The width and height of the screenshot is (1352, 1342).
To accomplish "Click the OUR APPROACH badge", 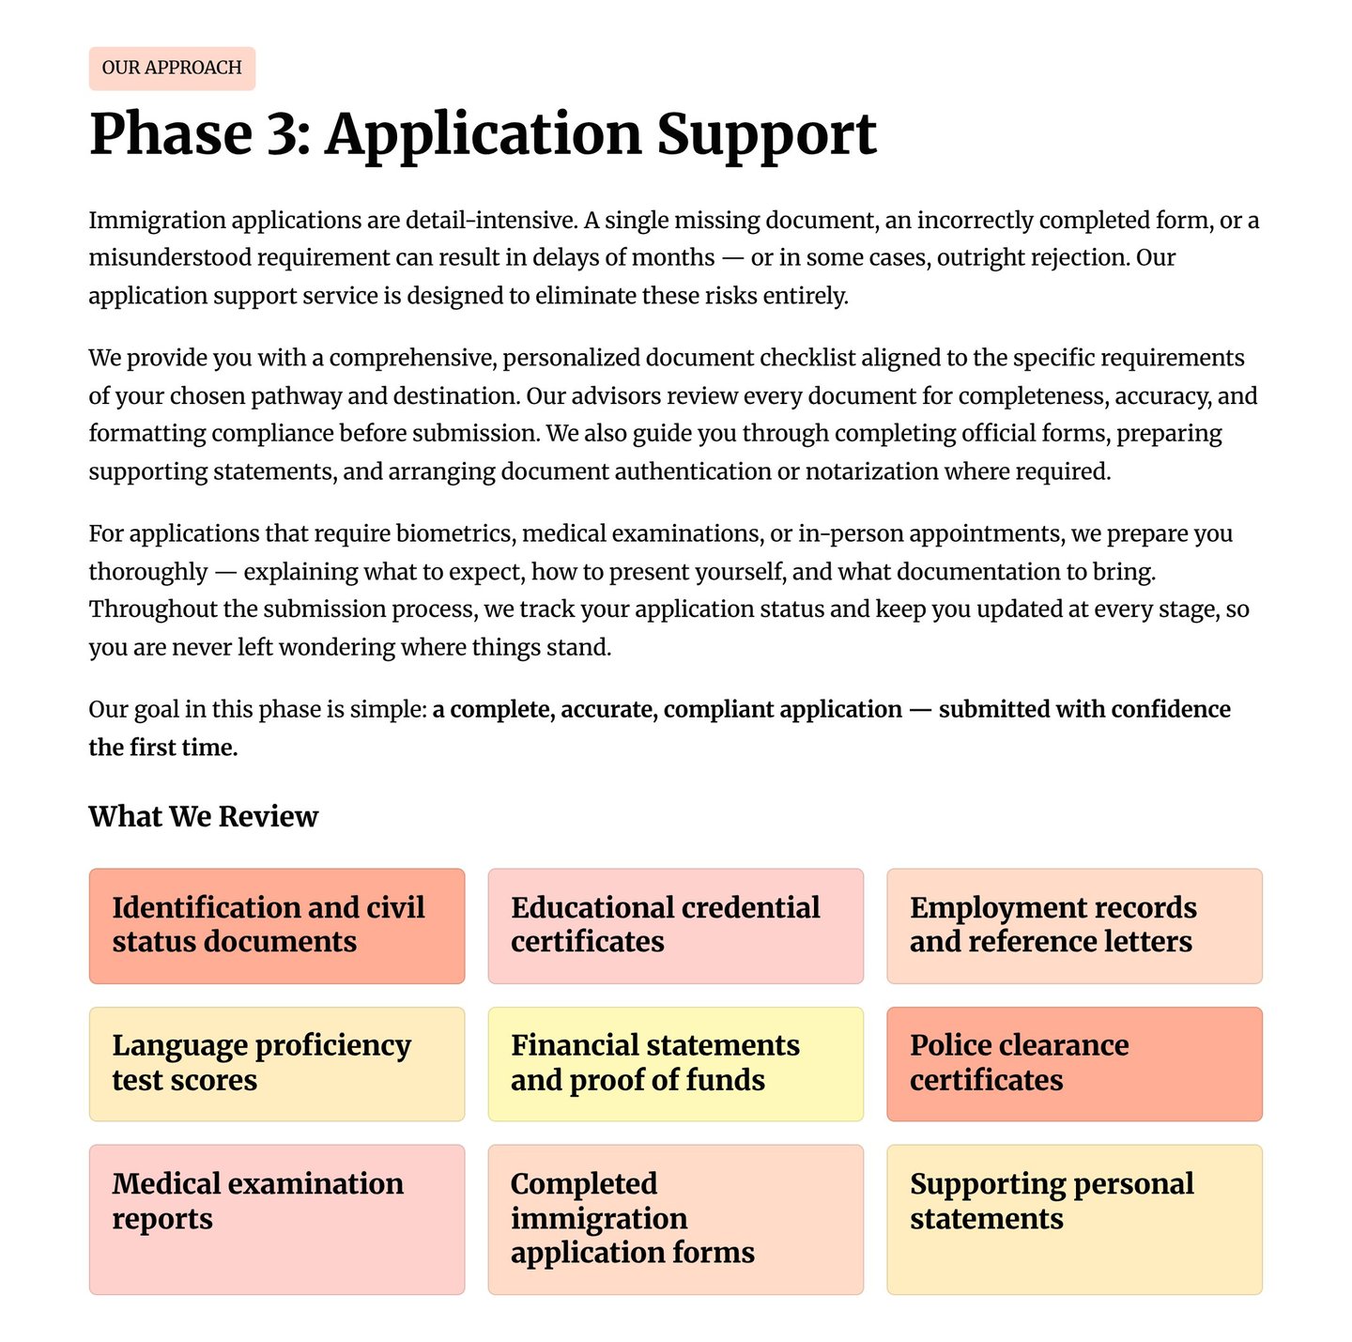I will click(172, 69).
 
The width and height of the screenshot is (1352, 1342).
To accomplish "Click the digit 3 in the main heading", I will click(282, 134).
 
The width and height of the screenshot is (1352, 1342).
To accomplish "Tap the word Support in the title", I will click(766, 134).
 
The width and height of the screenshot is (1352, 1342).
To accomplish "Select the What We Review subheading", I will click(204, 817).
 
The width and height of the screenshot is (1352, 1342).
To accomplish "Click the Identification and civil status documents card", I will click(277, 926).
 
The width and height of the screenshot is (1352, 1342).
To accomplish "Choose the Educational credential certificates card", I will click(675, 926).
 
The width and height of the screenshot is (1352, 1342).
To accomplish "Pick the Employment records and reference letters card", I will click(1074, 926).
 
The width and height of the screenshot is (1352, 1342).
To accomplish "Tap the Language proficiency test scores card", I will click(277, 1064).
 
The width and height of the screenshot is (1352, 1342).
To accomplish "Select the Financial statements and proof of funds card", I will click(675, 1064).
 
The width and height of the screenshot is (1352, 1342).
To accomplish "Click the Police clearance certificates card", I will click(1074, 1064).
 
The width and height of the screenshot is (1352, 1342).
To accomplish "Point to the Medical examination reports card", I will click(277, 1219).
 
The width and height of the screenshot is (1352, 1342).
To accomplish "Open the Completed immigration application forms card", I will click(675, 1219).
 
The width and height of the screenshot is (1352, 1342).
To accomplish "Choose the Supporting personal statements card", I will click(1074, 1219).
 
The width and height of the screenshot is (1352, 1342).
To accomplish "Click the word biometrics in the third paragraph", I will click(454, 534).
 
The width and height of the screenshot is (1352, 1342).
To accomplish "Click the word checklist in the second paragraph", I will click(807, 359).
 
